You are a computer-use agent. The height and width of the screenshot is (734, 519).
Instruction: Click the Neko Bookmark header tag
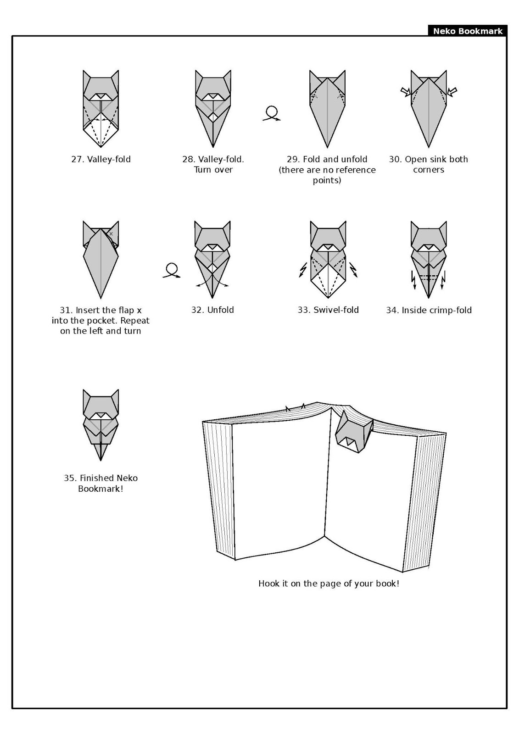(x=467, y=31)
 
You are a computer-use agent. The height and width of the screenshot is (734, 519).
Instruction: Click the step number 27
(x=77, y=160)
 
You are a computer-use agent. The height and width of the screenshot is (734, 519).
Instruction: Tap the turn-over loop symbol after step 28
(x=272, y=113)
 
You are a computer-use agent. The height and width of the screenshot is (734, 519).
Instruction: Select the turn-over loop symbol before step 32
(x=172, y=270)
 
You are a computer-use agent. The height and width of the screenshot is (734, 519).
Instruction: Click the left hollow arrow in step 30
(x=406, y=92)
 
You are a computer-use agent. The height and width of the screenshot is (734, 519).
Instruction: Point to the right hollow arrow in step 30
(x=452, y=92)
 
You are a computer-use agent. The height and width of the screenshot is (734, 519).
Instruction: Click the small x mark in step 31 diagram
(x=111, y=234)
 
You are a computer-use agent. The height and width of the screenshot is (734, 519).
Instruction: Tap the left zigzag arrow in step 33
(x=303, y=270)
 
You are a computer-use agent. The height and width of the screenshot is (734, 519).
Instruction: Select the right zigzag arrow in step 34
(x=443, y=279)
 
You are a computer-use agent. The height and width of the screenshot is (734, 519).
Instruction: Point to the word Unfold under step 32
(x=220, y=310)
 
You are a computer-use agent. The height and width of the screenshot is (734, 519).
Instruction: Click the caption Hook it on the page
(x=329, y=584)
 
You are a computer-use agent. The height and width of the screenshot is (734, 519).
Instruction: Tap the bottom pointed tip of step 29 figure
(x=327, y=146)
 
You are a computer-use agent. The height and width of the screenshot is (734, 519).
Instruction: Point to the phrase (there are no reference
(x=327, y=170)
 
